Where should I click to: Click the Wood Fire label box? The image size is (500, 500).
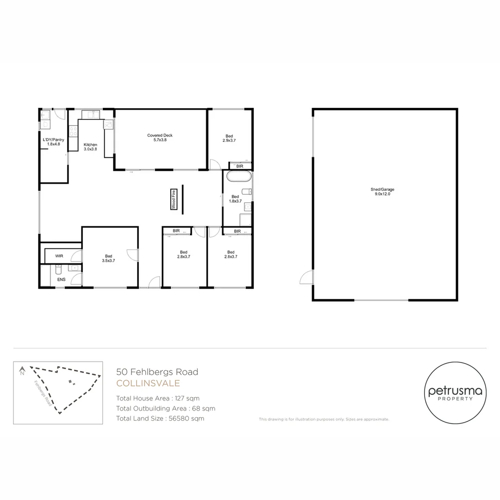[x=174, y=200]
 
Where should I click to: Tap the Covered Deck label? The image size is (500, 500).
[x=160, y=137]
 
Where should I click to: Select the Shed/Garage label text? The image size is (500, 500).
[x=382, y=192]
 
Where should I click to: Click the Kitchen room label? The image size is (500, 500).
[x=90, y=147]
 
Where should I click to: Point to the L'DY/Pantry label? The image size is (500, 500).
[x=53, y=142]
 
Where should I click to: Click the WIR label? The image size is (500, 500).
[x=59, y=256]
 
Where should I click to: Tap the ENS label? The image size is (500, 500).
[x=61, y=280]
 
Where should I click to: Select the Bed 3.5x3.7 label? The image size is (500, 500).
[x=108, y=258]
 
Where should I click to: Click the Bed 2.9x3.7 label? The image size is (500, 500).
[x=229, y=137]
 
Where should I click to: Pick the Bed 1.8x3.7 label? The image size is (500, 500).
[x=235, y=199]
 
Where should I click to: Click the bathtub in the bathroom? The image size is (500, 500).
[x=238, y=176]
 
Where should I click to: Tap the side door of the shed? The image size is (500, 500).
[x=306, y=277]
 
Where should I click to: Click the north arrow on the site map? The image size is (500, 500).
[x=22, y=370]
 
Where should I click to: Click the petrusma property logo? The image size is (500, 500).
[x=455, y=393]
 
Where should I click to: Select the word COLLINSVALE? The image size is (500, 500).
[x=148, y=383]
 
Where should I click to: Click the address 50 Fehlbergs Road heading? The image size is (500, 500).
[x=157, y=371]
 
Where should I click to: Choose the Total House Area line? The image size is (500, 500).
[x=158, y=398]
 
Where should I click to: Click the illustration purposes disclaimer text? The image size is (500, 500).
[x=324, y=419]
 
